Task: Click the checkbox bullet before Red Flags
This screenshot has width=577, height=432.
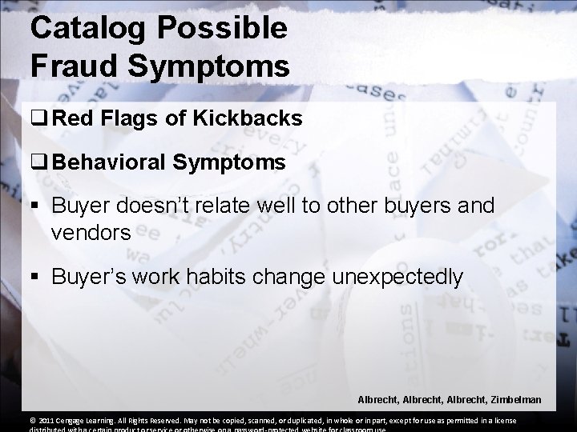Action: pos(39,120)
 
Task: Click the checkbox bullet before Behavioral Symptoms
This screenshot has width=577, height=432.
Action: pos(39,163)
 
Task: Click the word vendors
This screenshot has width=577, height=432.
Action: pos(86,232)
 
